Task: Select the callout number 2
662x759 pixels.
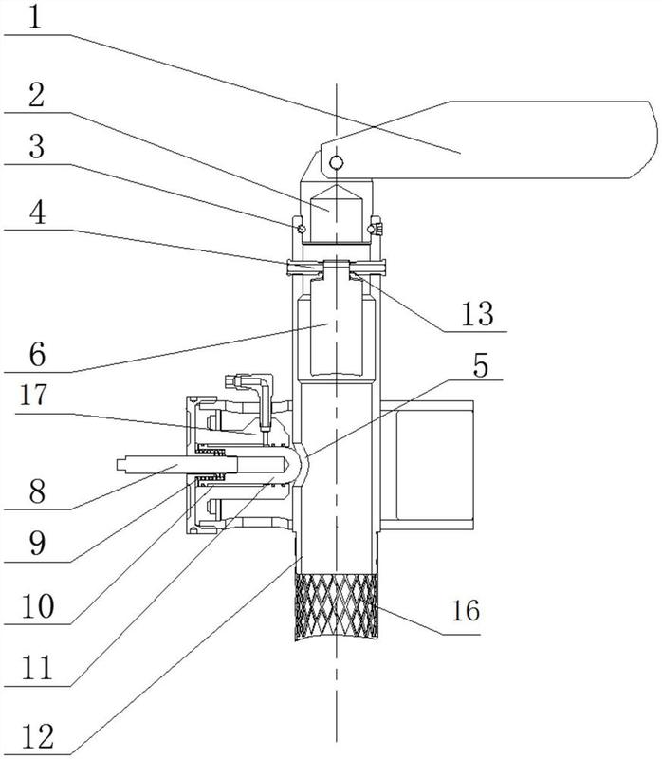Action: (37, 95)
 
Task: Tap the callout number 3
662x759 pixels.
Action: (37, 147)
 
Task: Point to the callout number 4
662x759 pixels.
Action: (37, 213)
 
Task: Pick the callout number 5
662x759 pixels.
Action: (481, 365)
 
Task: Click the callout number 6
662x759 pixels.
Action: (37, 354)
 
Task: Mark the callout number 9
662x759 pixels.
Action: (37, 543)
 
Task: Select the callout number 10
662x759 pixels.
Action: (38, 606)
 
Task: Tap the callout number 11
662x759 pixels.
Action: (38, 668)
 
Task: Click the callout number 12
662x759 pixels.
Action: (38, 737)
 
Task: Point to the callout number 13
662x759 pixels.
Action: (478, 314)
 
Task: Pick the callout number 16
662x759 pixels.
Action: (466, 610)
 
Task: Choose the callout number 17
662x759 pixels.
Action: (34, 395)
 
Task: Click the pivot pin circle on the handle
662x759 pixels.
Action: (337, 161)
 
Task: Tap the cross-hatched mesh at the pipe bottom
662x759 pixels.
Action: (337, 607)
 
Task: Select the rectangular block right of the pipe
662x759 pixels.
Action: (428, 466)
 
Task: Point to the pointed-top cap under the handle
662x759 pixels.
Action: (337, 213)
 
